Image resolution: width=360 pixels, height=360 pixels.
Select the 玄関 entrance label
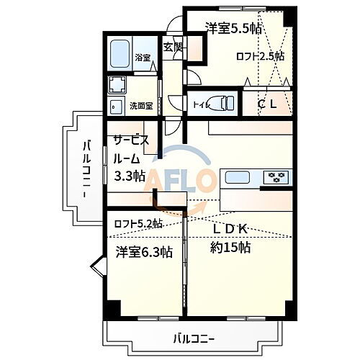click(x=173, y=48)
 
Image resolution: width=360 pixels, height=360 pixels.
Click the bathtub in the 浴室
click(x=122, y=52)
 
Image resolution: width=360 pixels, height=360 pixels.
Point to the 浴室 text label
click(x=141, y=58)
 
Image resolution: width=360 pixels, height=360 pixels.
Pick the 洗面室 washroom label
click(x=140, y=106)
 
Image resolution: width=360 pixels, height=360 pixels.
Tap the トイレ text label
click(x=201, y=105)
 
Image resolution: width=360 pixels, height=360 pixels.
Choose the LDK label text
click(x=230, y=229)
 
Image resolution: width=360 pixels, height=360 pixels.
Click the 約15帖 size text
click(x=230, y=247)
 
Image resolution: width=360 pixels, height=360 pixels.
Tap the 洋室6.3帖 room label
click(x=144, y=252)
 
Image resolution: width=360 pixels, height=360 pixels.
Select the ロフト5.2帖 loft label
click(x=138, y=224)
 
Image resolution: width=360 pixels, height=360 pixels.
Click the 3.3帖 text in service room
click(x=130, y=175)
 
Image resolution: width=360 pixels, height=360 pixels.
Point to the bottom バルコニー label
click(x=194, y=337)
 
